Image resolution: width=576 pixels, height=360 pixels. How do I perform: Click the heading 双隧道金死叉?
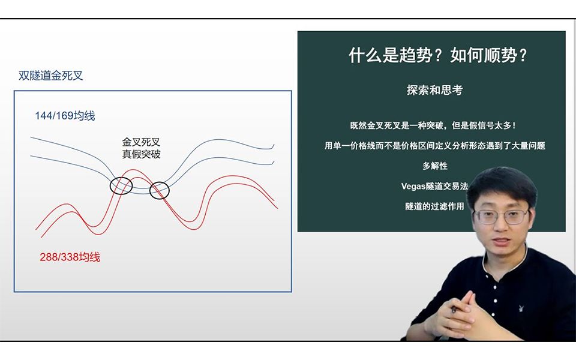(x=50, y=76)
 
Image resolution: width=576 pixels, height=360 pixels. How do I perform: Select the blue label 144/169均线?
(x=65, y=116)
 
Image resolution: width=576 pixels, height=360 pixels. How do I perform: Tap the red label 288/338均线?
(x=66, y=257)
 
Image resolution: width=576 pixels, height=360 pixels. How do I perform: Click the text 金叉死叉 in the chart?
(x=141, y=142)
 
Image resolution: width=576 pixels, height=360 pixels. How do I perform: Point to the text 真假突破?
(x=141, y=154)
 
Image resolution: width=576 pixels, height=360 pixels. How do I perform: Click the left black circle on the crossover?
(x=121, y=185)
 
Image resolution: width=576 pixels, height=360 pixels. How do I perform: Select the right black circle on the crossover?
(x=160, y=191)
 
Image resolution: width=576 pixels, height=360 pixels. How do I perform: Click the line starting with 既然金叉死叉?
(x=433, y=126)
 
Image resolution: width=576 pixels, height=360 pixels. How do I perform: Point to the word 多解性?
(x=434, y=166)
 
